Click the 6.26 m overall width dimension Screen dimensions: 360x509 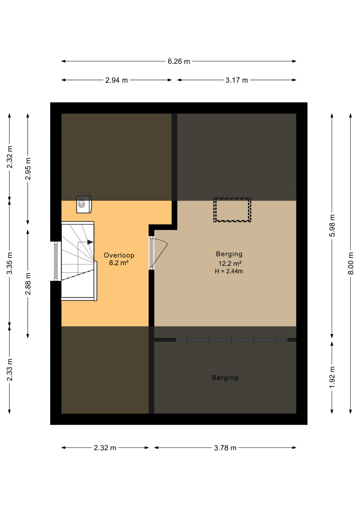tap(179, 62)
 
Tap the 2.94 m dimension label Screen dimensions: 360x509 tap(116, 80)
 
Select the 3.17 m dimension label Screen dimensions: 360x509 tap(236, 80)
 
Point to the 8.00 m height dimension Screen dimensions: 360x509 tap(350, 264)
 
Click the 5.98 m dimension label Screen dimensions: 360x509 tap(332, 226)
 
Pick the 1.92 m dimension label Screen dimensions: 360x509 tap(332, 377)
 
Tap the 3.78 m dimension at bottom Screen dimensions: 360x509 tap(225, 448)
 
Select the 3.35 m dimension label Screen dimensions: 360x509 tap(10, 264)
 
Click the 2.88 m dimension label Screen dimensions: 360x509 tap(28, 284)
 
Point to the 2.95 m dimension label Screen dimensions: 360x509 tap(28, 169)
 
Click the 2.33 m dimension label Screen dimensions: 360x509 tap(10, 370)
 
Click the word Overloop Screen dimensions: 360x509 tap(119, 255)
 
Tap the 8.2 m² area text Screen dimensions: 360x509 tap(119, 263)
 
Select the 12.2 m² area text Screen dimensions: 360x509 tap(230, 264)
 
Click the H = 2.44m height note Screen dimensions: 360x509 tap(229, 271)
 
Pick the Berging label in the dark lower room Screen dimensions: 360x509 tap(225, 378)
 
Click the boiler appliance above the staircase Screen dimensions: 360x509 tap(84, 204)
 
